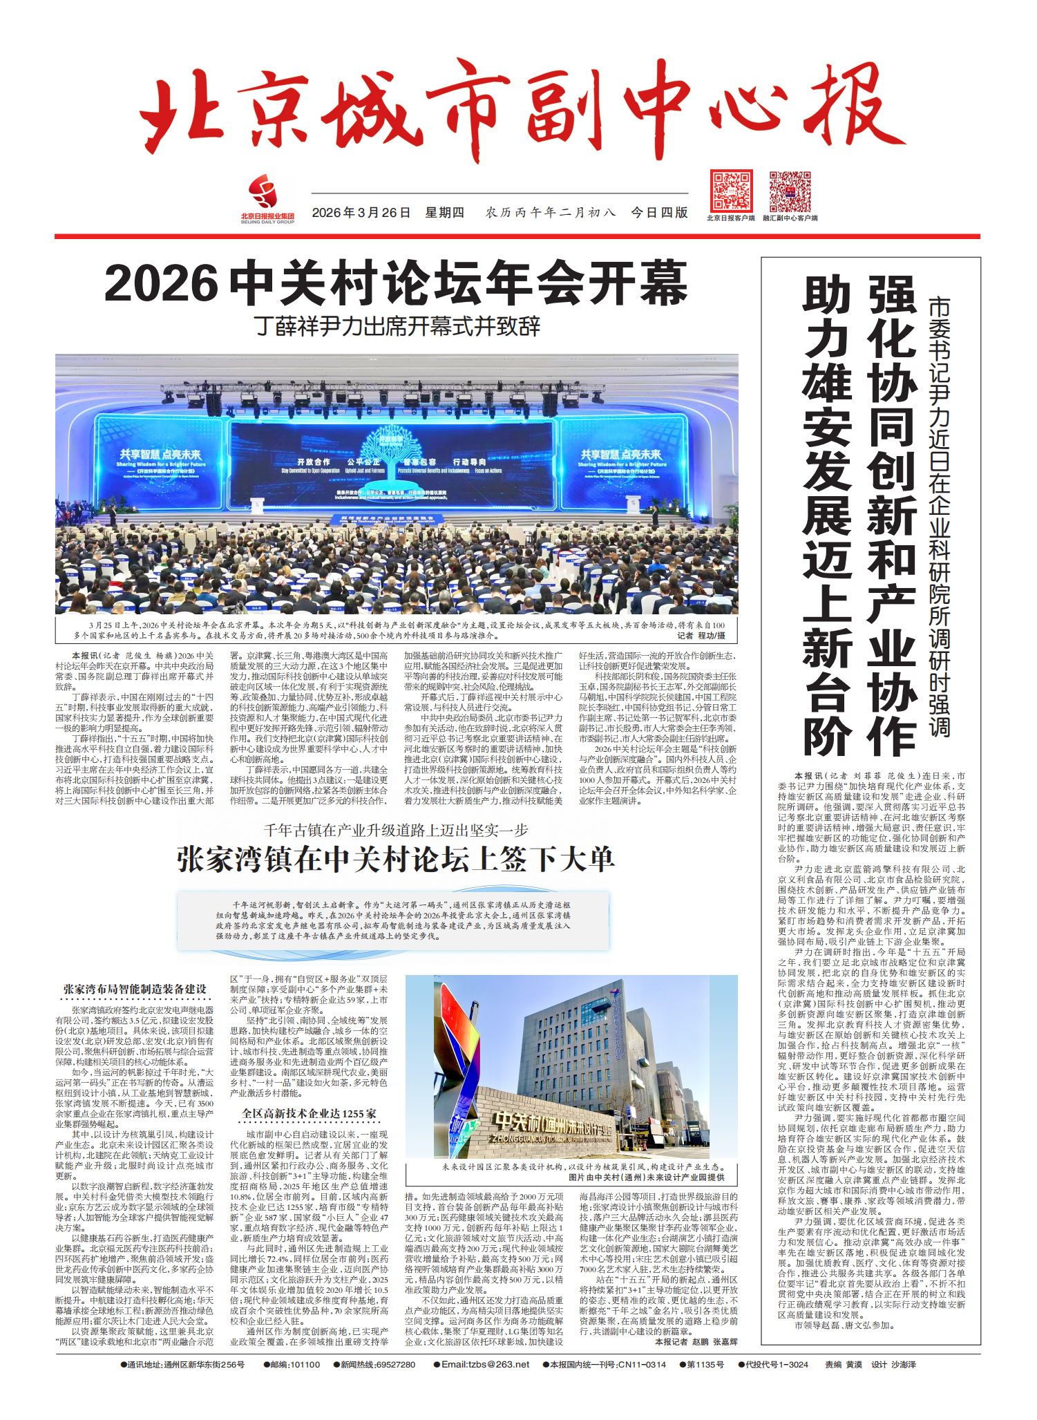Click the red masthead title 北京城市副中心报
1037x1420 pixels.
pos(515,111)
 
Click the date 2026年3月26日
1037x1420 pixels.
pos(361,213)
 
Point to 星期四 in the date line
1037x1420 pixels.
pos(444,213)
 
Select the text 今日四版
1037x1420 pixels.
pos(659,213)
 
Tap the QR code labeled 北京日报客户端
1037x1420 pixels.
pos(730,191)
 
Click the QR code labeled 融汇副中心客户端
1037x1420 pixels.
pos(790,191)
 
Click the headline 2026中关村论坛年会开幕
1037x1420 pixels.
pos(396,283)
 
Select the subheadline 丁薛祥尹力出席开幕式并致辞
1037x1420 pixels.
pos(397,326)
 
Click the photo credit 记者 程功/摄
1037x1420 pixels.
pos(701,635)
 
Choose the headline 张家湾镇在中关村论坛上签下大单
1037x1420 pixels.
pos(395,860)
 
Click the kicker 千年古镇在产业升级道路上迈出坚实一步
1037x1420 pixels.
pos(395,830)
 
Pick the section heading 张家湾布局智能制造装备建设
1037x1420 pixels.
pos(135,990)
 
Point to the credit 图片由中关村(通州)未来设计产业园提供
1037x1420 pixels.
pos(647,1177)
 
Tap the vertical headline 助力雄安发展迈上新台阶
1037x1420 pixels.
pos(826,515)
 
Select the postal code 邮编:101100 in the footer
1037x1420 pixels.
pos(292,1364)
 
